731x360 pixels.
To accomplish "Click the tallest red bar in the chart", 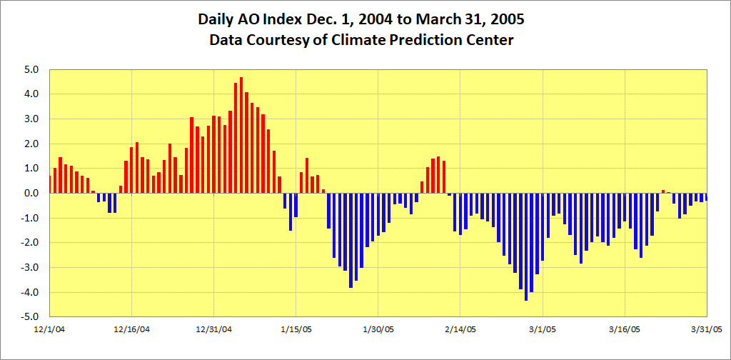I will [x=241, y=136].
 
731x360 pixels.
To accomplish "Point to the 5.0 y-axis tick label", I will [x=31, y=69].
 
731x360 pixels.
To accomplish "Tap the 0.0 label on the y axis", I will [x=31, y=193].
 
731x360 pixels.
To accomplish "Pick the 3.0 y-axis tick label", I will [x=31, y=119].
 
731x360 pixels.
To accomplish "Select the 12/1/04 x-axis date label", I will [x=49, y=329].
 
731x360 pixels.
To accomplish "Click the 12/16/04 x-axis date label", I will [x=132, y=329].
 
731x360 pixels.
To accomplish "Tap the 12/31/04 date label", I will [x=214, y=329].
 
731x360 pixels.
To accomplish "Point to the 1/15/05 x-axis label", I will [x=296, y=329].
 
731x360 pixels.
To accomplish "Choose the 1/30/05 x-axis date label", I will [x=378, y=329].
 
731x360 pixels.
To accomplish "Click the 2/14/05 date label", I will [x=460, y=329].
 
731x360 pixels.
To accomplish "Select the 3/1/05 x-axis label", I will [x=543, y=329].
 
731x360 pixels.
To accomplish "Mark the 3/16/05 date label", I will [x=625, y=329].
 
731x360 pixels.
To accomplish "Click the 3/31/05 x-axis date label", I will [x=707, y=329].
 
